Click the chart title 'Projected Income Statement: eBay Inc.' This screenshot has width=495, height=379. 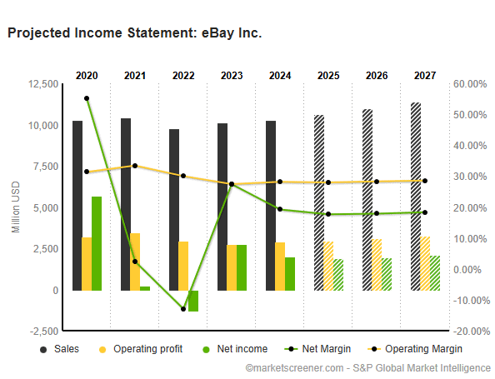(x=134, y=33)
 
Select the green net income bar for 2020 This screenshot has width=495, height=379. (x=97, y=243)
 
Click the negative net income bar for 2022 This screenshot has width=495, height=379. (x=193, y=301)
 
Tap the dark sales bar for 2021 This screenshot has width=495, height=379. (x=126, y=204)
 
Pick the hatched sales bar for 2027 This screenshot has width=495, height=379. (x=416, y=197)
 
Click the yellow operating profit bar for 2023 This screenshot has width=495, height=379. (x=232, y=267)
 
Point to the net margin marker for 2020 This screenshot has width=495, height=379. (x=87, y=98)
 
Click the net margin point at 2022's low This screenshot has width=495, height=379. (x=183, y=309)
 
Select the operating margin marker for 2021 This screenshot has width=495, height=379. (x=135, y=166)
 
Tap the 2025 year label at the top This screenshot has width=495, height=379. (x=328, y=76)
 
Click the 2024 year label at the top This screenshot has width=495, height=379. (x=280, y=76)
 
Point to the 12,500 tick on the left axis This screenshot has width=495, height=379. (x=43, y=84)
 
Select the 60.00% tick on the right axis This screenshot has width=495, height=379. (x=468, y=84)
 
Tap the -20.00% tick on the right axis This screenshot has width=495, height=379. (x=467, y=332)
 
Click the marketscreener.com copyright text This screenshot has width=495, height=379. (x=367, y=367)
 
